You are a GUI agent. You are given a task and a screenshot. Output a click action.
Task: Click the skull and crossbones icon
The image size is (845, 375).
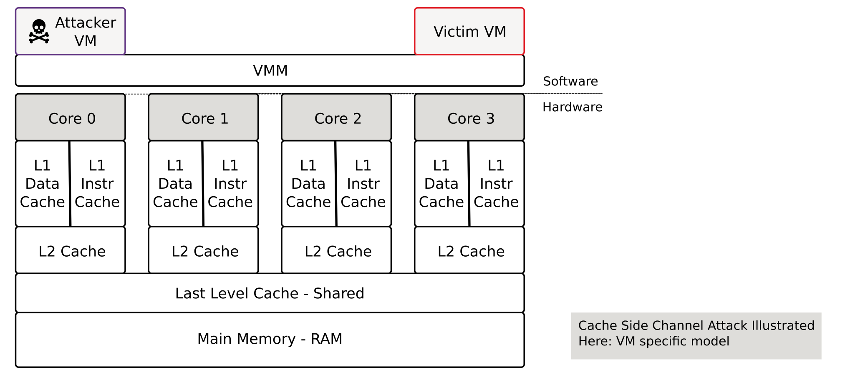tap(39, 31)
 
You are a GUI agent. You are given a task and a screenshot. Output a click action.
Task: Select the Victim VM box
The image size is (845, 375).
tap(469, 31)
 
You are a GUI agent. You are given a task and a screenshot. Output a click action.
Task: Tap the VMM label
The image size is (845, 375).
tap(270, 70)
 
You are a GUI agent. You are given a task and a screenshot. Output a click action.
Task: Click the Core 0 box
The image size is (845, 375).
tap(71, 117)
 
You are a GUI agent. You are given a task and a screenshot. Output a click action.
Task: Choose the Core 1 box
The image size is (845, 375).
tap(204, 117)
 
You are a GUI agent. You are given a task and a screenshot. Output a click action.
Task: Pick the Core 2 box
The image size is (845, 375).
tap(336, 117)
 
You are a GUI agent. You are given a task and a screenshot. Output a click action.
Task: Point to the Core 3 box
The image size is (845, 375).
tap(469, 117)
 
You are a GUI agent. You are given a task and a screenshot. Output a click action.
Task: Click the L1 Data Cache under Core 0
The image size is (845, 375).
tap(43, 184)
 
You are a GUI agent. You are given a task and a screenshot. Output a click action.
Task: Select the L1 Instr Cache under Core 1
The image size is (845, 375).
tap(231, 184)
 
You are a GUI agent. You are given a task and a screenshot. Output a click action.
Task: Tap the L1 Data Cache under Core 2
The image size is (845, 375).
tap(309, 184)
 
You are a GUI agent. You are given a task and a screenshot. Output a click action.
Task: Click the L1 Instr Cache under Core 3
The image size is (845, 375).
tap(497, 184)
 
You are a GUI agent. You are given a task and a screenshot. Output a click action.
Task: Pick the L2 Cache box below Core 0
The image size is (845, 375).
tap(71, 250)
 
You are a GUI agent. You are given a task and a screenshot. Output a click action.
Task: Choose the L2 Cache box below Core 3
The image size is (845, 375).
tap(469, 250)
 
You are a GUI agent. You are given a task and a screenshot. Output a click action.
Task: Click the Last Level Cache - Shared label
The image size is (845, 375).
tap(270, 293)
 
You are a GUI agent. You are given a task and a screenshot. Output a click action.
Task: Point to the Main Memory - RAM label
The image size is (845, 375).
tap(270, 339)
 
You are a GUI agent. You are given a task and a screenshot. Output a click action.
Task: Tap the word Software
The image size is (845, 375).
tap(570, 81)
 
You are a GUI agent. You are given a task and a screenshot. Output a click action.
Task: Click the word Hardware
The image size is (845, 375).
tap(573, 107)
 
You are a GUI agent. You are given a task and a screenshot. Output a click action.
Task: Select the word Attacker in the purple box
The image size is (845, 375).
tap(86, 22)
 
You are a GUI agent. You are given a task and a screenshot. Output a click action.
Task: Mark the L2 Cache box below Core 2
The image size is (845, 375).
tap(336, 250)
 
